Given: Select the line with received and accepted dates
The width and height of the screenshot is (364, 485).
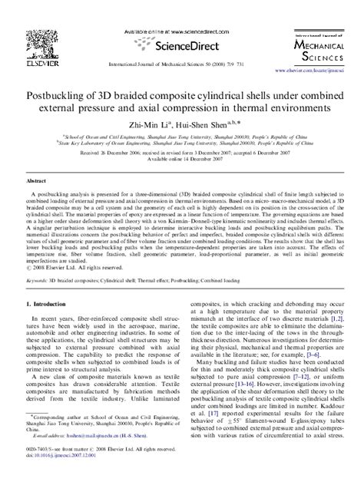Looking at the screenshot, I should (x=181, y=153).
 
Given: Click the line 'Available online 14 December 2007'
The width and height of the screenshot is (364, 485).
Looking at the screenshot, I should (x=181, y=160).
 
